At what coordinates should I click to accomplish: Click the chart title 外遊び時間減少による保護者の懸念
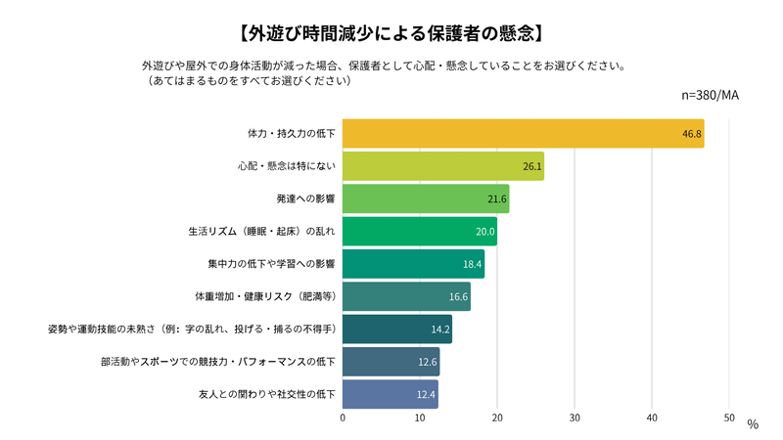tap(391, 31)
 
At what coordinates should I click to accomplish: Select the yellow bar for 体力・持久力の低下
tap(523, 133)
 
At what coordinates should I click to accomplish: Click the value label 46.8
tap(692, 134)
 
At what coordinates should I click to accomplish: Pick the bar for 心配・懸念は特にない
tap(442, 166)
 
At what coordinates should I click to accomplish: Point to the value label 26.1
tap(532, 167)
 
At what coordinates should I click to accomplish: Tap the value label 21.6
tap(498, 199)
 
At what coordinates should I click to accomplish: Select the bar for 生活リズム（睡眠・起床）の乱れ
tap(419, 232)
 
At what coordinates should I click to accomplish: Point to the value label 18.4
tap(473, 265)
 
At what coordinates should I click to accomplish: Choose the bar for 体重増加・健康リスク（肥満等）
tap(406, 296)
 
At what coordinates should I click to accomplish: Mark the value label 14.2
tap(440, 330)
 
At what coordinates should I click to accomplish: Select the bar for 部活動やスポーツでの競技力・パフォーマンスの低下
tap(391, 362)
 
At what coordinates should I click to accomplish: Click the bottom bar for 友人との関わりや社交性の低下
tap(390, 394)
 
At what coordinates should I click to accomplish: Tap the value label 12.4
tap(427, 395)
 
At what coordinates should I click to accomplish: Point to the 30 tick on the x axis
tap(575, 418)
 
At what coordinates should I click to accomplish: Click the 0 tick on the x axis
tap(343, 418)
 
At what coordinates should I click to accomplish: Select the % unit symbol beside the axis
tap(752, 424)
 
